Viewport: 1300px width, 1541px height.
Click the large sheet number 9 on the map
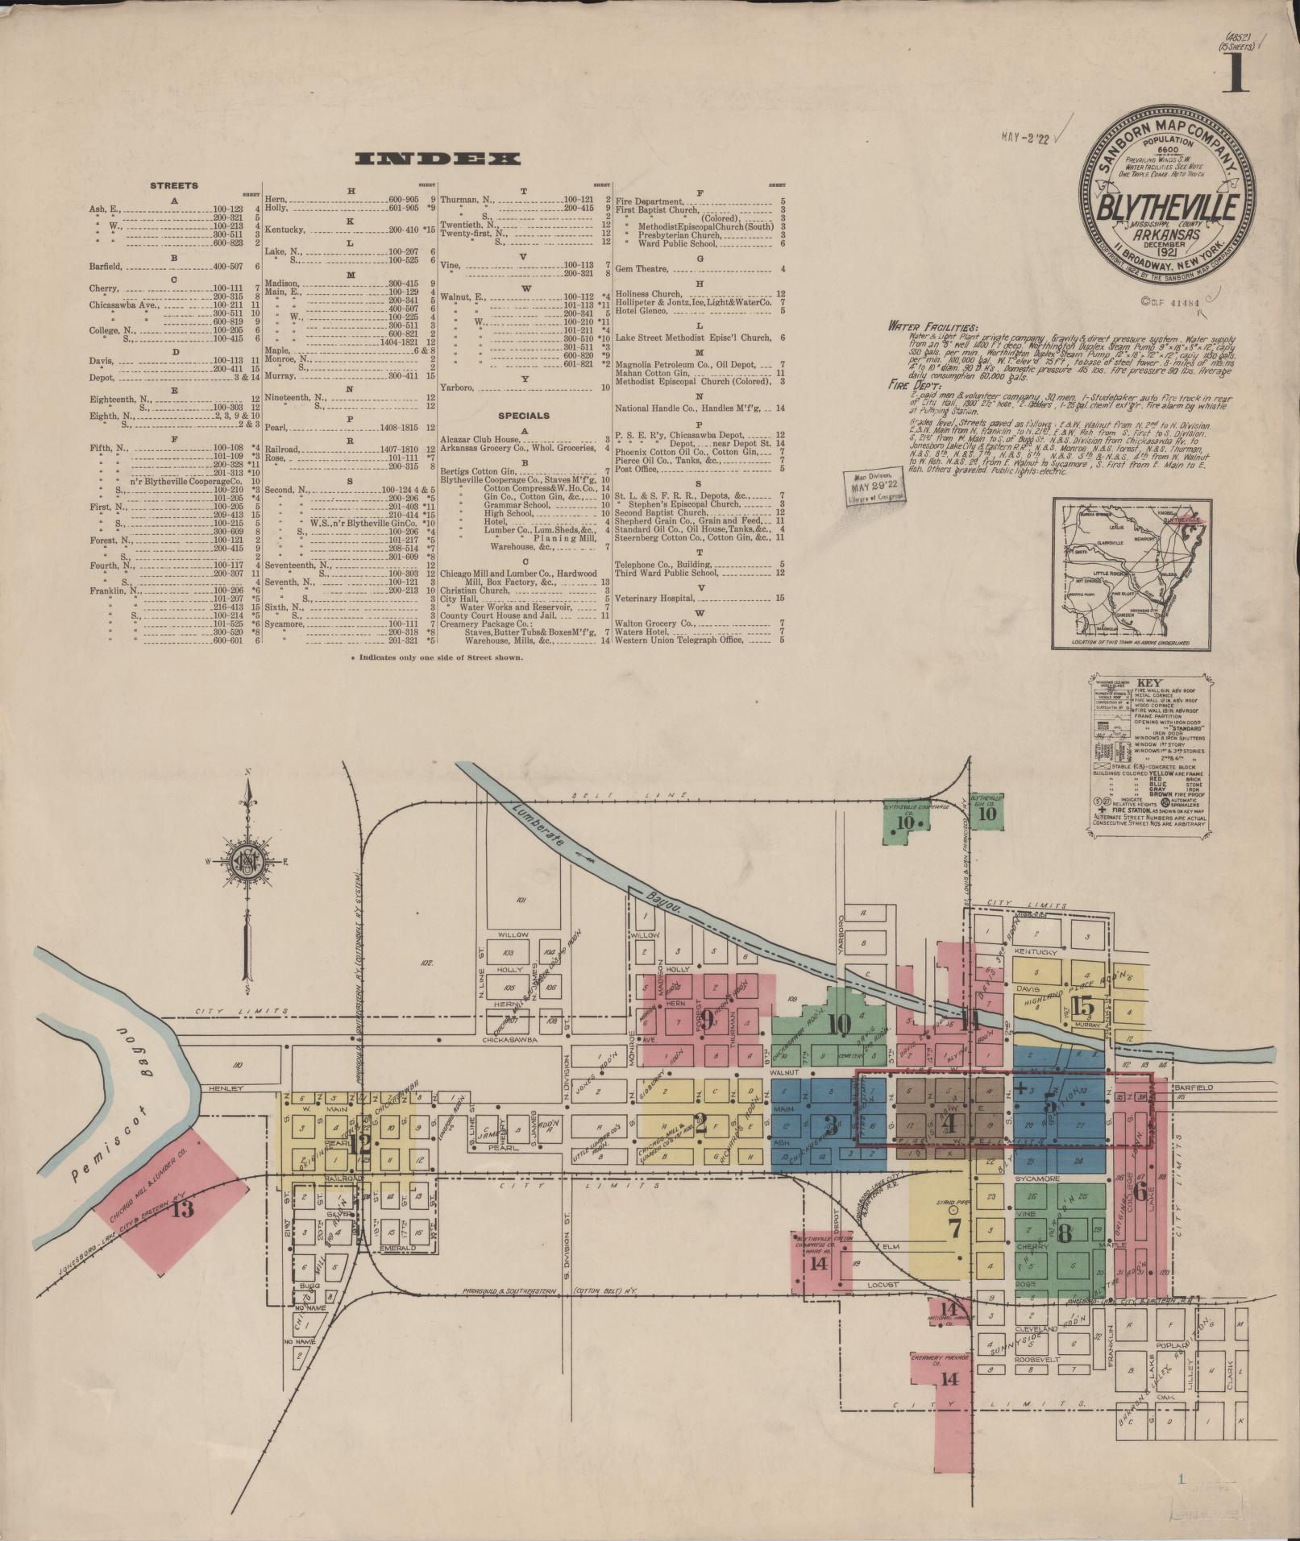(707, 1020)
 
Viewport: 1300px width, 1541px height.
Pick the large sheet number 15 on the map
(1084, 1006)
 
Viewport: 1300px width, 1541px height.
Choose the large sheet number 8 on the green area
(1064, 1255)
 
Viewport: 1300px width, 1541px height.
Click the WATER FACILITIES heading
(932, 327)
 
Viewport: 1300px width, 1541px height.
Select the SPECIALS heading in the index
(524, 416)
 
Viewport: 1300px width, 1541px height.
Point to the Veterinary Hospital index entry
(654, 598)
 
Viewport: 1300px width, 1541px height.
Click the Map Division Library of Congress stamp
(872, 487)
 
